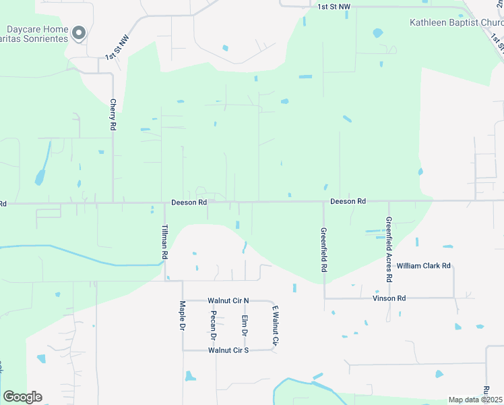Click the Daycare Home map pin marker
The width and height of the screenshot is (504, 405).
(x=80, y=32)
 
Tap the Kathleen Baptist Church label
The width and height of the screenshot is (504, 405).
(x=456, y=22)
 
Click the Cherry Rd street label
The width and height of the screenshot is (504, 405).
(x=113, y=115)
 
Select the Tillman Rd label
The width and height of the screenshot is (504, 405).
(x=164, y=242)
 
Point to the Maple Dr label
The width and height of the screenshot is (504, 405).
(x=182, y=316)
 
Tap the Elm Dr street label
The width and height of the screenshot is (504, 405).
(x=245, y=325)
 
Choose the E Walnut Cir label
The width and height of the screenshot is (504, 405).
(x=275, y=325)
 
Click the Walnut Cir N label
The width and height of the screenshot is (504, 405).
(x=228, y=300)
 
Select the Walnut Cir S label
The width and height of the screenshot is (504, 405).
(x=228, y=350)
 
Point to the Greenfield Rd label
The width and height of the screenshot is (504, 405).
(x=324, y=250)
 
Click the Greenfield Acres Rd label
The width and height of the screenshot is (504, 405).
(x=389, y=249)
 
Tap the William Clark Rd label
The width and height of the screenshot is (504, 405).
(x=423, y=266)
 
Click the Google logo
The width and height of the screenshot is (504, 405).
(x=22, y=397)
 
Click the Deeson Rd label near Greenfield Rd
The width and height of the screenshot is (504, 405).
(x=348, y=201)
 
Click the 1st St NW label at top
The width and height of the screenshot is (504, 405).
(x=334, y=6)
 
